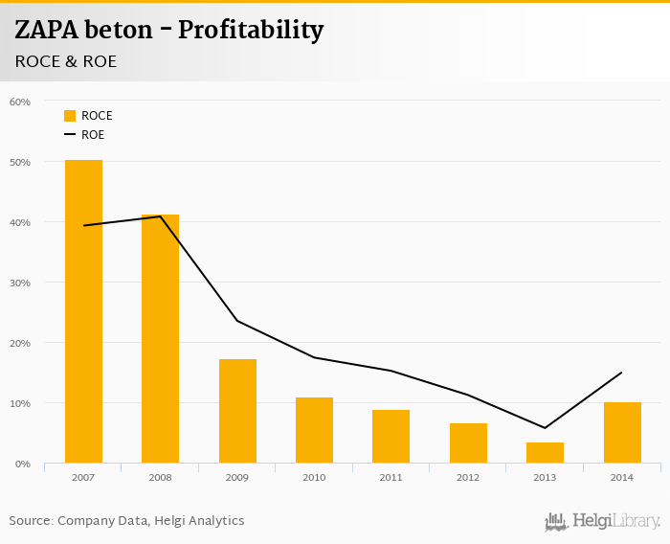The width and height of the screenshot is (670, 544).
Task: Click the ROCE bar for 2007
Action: (83, 311)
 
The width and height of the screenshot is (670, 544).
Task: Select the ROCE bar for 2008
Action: (160, 339)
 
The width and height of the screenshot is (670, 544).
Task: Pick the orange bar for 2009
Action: (237, 411)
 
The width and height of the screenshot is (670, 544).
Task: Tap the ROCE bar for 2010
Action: (314, 430)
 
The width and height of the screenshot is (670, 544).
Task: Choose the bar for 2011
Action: (391, 437)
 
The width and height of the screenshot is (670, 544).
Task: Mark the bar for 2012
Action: (468, 443)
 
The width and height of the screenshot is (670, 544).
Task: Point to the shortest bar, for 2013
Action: (545, 453)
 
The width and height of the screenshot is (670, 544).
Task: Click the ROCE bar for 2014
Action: (622, 433)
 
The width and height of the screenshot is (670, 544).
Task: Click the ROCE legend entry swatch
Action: (70, 116)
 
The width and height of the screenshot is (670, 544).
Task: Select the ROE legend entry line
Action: (70, 135)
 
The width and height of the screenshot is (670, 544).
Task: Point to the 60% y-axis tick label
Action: (20, 102)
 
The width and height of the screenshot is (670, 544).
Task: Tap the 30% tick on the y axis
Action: (20, 283)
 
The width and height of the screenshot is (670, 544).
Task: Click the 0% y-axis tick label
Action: (23, 465)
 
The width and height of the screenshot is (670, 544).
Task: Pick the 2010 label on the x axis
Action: (314, 477)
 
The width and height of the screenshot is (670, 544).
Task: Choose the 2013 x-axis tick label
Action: (545, 477)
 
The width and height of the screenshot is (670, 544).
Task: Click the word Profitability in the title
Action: (251, 31)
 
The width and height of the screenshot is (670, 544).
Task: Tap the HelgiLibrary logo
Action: (603, 521)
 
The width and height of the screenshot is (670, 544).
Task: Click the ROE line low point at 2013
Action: (545, 428)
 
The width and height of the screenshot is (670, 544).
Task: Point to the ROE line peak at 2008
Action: (160, 216)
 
